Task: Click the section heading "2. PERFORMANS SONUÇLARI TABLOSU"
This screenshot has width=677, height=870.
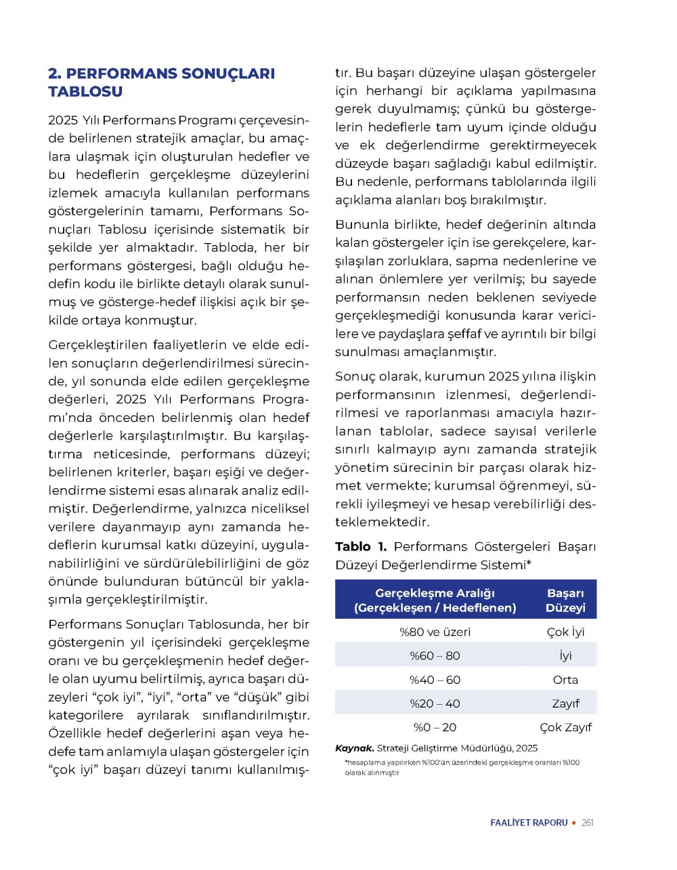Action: pos(161,82)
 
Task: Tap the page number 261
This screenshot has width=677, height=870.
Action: pos(588,823)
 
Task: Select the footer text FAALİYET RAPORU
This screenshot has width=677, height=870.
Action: pos(529,823)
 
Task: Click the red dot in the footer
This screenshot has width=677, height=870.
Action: pos(574,823)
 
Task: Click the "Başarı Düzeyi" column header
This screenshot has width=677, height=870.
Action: pos(565,601)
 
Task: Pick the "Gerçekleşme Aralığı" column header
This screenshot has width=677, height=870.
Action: pos(435,601)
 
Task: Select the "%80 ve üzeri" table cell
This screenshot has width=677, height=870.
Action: pos(435,632)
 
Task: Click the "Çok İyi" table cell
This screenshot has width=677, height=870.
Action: pos(565,632)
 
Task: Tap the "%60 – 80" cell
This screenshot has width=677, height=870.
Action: pos(435,655)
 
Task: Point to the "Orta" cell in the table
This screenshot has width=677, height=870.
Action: pos(565,680)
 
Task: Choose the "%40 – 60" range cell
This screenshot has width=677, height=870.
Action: pos(435,680)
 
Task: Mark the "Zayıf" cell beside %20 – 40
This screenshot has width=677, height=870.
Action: pos(565,703)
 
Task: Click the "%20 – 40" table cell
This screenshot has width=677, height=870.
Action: pos(435,703)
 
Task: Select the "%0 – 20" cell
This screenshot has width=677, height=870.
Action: pos(435,727)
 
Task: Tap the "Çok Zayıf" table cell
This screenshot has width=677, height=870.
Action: pos(565,727)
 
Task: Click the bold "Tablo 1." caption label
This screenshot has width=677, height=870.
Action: pos(361,546)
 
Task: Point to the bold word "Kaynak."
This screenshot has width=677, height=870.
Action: pos(355,748)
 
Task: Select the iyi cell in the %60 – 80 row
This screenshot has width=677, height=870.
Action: pos(565,655)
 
